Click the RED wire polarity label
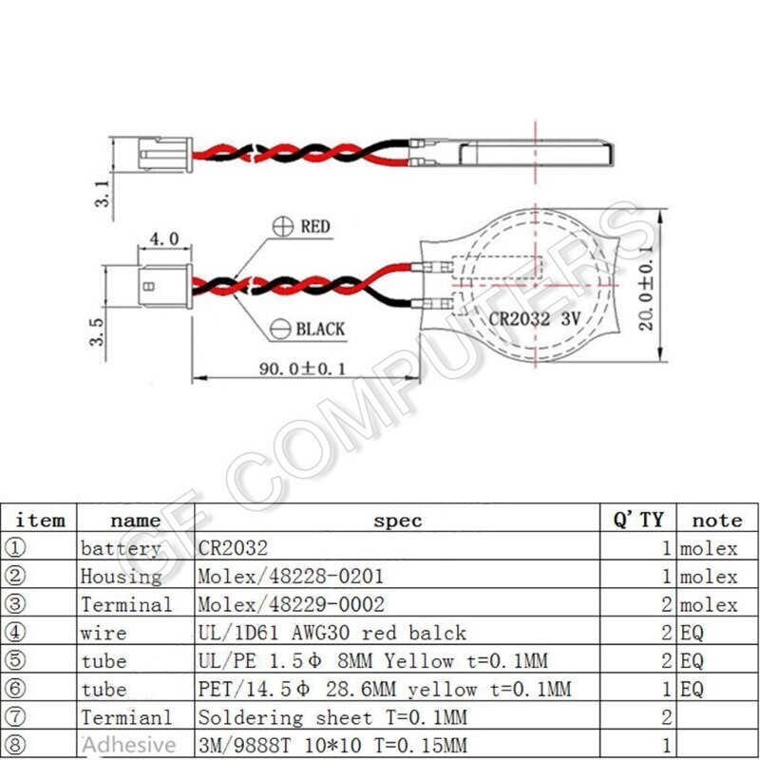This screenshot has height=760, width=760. (x=314, y=227)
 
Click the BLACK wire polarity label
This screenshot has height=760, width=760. (x=320, y=330)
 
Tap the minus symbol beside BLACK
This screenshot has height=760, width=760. (x=281, y=330)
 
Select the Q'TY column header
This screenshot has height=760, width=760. (x=637, y=521)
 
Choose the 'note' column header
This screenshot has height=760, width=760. (x=716, y=521)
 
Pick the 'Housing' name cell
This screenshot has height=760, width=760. (x=121, y=577)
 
